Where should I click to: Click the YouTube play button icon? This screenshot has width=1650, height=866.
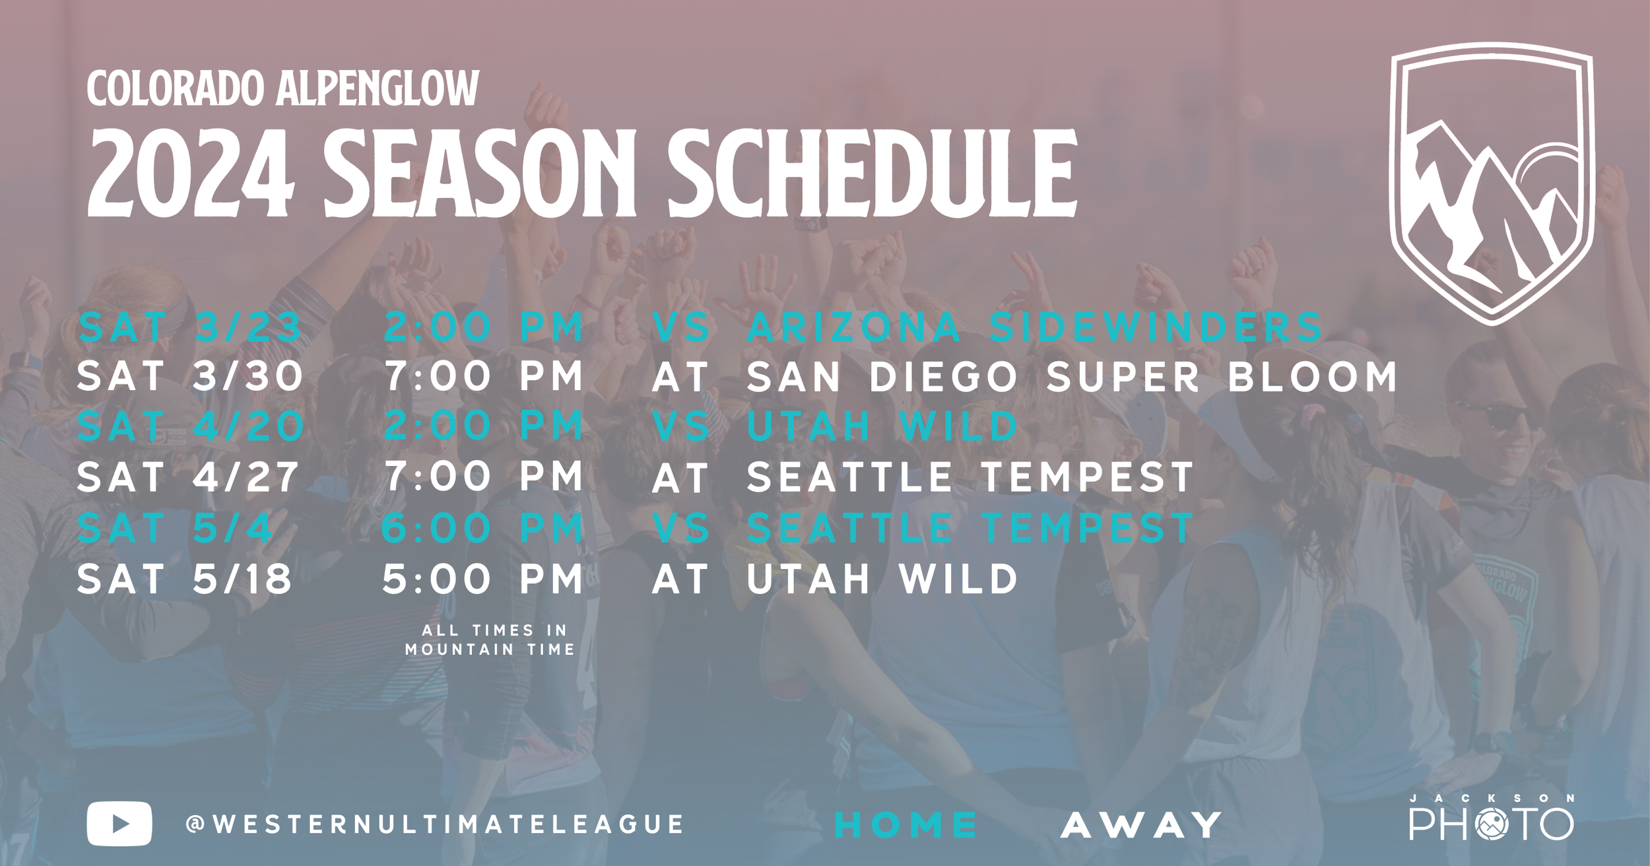[119, 823]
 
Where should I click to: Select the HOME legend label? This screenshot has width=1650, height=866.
[906, 825]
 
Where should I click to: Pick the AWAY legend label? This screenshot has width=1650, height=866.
[1141, 825]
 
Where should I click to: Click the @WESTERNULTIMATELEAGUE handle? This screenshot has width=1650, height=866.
[435, 824]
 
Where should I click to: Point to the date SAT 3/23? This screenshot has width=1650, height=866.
[190, 327]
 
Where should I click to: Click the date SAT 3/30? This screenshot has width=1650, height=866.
[190, 376]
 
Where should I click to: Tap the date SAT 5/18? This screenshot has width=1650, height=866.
[184, 579]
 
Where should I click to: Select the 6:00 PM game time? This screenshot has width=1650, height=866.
[483, 529]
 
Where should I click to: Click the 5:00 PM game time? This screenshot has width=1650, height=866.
[483, 579]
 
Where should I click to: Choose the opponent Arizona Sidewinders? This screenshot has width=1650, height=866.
[1034, 327]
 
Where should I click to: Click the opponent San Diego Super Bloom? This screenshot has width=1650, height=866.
[1072, 376]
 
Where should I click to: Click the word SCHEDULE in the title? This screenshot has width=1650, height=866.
[872, 173]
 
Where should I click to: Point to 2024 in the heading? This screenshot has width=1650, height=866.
[191, 173]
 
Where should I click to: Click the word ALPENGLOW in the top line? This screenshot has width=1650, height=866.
[378, 88]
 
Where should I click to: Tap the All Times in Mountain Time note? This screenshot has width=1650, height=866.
[490, 640]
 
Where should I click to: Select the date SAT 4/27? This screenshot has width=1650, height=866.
[187, 477]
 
